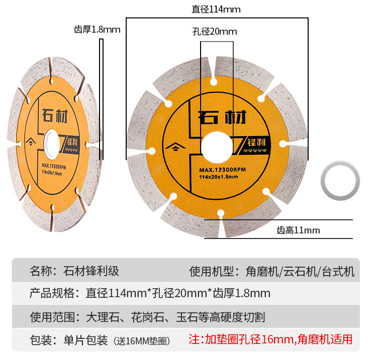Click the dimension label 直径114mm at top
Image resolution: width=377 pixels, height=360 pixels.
tap(216, 10)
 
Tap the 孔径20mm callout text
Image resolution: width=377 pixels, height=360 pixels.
tap(214, 32)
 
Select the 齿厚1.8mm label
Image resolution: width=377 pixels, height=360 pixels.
tap(97, 29)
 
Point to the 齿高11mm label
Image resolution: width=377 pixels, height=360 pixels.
tap(298, 230)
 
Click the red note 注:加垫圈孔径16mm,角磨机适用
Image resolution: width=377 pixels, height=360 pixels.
tap(270, 339)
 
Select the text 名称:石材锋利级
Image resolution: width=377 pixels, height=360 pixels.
tap(74, 272)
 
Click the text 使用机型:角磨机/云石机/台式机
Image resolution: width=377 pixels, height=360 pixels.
tap(272, 272)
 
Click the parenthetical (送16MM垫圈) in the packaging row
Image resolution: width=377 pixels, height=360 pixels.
tap(142, 341)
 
